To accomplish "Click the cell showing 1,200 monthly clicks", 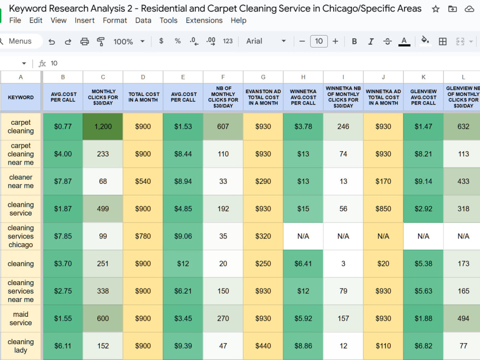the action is click(x=103, y=126).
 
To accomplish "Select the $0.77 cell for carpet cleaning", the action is click(x=63, y=126).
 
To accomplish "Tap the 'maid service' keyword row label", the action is click(x=21, y=318).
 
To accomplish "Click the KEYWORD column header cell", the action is click(x=21, y=97).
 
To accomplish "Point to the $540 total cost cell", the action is click(x=143, y=181).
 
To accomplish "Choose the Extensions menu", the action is click(x=204, y=20).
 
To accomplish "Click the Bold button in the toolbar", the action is click(x=354, y=41).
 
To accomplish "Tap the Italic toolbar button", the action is click(x=371, y=41).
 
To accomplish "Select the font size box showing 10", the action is click(x=319, y=41).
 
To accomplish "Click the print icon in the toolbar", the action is click(x=84, y=41).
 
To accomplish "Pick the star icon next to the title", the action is click(x=435, y=9).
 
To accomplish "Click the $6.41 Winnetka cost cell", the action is click(x=303, y=264).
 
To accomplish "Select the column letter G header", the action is click(x=263, y=77).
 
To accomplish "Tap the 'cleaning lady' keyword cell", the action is click(x=21, y=346).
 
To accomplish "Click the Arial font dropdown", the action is click(x=266, y=41).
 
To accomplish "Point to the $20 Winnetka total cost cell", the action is click(x=383, y=264).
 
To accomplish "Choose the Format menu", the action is click(x=115, y=20).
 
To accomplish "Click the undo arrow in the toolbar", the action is click(x=52, y=41).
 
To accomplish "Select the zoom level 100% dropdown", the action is click(x=129, y=41).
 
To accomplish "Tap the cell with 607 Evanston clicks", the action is click(x=223, y=126).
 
